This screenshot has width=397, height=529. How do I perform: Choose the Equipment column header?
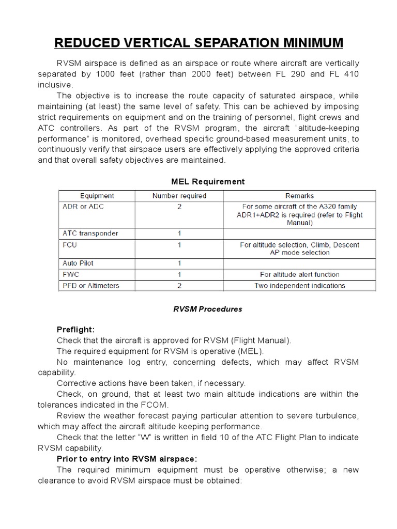point(97,196)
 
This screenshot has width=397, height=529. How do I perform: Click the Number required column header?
point(179,196)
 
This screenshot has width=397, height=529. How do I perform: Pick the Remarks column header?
point(299,196)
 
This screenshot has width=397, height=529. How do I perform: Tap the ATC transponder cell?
point(90,234)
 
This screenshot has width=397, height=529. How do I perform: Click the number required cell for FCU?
point(179,244)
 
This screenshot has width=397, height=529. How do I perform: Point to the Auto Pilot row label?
point(78,263)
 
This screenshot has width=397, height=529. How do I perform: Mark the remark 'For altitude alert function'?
point(299,274)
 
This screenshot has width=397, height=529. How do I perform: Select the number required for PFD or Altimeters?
point(179,285)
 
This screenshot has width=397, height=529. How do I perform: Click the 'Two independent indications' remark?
point(299,285)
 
